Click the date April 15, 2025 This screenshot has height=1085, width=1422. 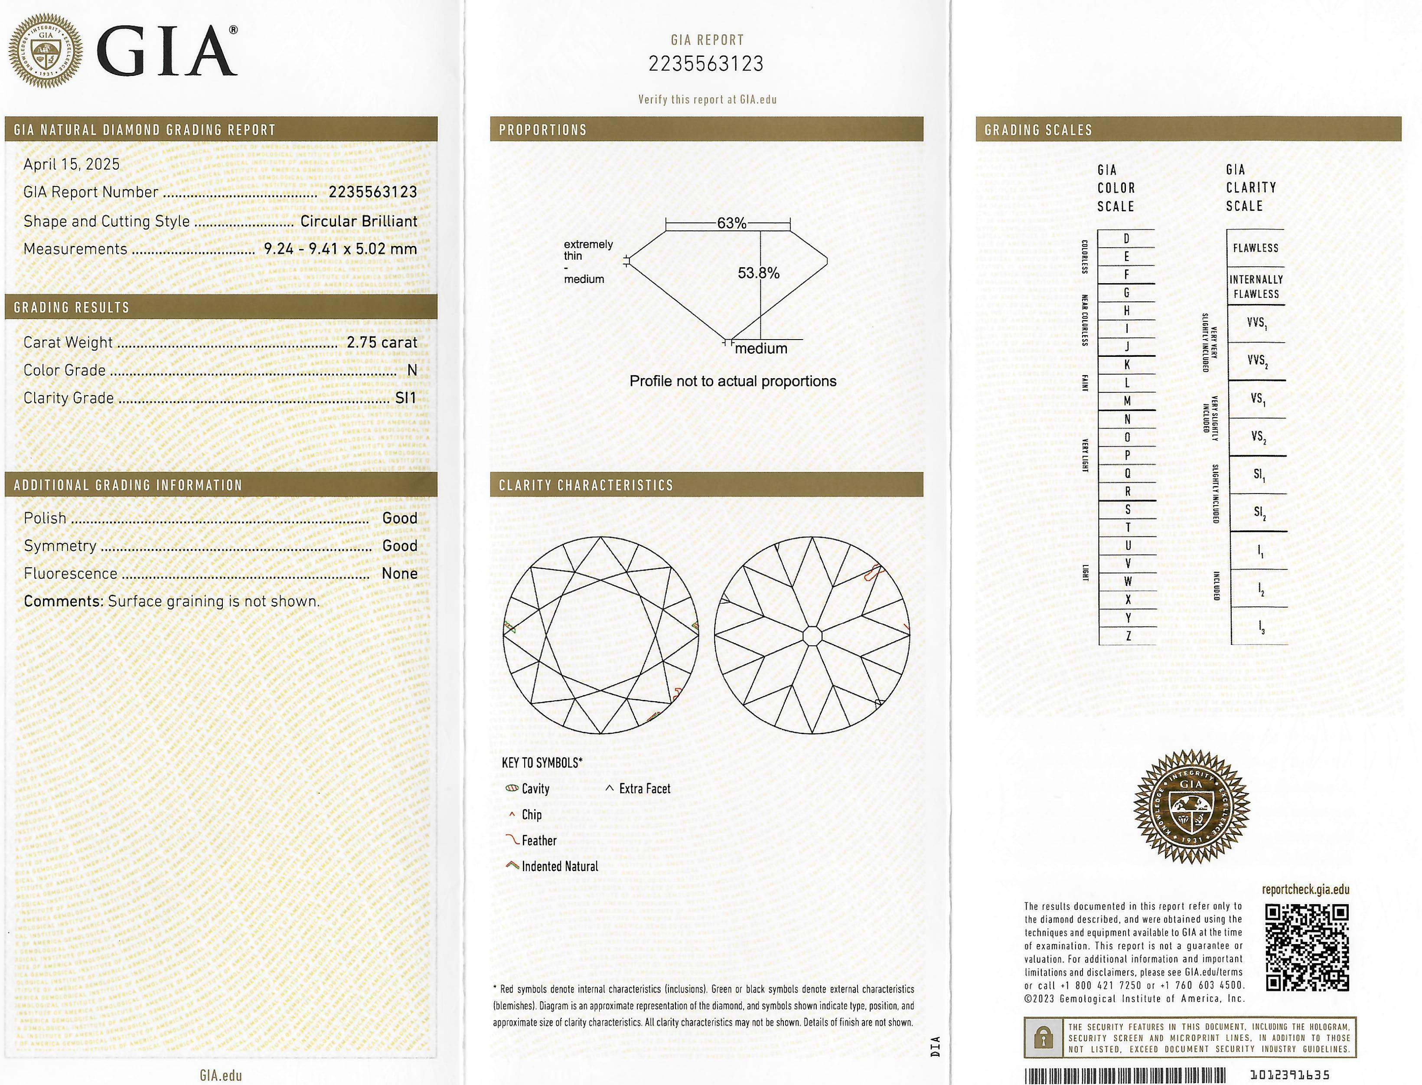tap(72, 164)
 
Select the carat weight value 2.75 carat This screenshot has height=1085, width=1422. tap(382, 342)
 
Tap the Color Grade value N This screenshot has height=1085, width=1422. tap(412, 370)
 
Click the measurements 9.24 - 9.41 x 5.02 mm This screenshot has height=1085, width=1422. tap(340, 248)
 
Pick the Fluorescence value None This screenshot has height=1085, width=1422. tap(400, 573)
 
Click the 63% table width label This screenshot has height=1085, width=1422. tap(731, 223)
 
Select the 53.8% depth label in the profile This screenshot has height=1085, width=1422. tap(758, 273)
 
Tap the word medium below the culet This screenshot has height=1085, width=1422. tap(761, 349)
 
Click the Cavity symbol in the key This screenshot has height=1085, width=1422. tap(512, 788)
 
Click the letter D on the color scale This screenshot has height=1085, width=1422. tap(1126, 239)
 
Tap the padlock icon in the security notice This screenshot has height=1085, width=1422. tap(1043, 1038)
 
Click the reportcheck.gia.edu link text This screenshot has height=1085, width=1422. tap(1305, 889)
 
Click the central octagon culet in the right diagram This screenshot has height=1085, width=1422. tap(812, 635)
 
